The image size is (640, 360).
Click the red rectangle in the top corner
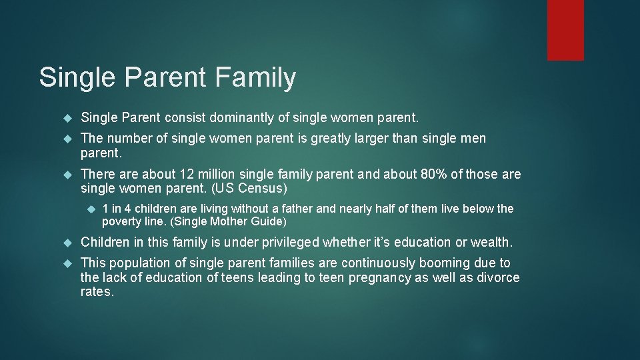click(565, 30)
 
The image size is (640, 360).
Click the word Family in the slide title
click(255, 77)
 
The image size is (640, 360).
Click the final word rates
click(97, 292)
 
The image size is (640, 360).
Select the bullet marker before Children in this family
click(67, 241)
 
